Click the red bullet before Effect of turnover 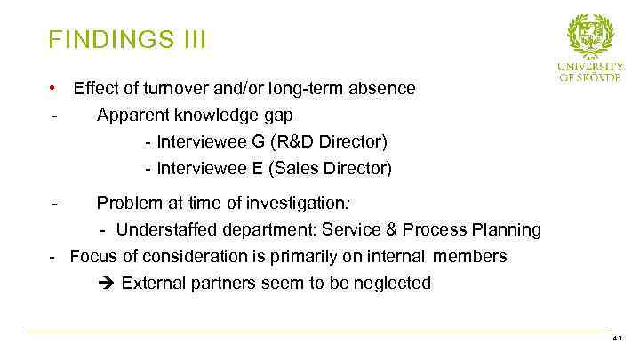coord(53,88)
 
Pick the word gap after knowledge coord(278,116)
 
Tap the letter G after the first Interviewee coord(245,142)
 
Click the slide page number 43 coord(619,339)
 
